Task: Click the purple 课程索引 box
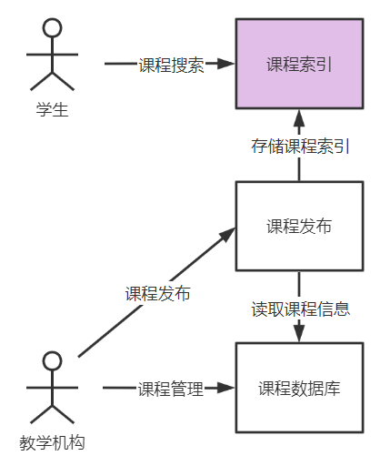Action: click(x=299, y=64)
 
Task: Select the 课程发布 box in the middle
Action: click(x=299, y=226)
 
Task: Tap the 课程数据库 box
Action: click(x=299, y=388)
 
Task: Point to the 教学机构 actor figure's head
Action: click(x=53, y=360)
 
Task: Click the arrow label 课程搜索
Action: click(x=171, y=65)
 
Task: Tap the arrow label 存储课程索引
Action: click(x=300, y=147)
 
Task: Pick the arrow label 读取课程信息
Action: click(x=300, y=308)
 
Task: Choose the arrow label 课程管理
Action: click(x=171, y=389)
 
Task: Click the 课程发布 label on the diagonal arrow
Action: click(x=157, y=293)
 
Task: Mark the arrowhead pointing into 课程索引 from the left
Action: click(x=227, y=65)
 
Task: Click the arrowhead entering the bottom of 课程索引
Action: click(x=299, y=116)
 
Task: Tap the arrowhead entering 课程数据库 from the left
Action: click(x=227, y=389)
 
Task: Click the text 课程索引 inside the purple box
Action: click(x=299, y=65)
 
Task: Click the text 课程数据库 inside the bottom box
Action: click(x=299, y=389)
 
